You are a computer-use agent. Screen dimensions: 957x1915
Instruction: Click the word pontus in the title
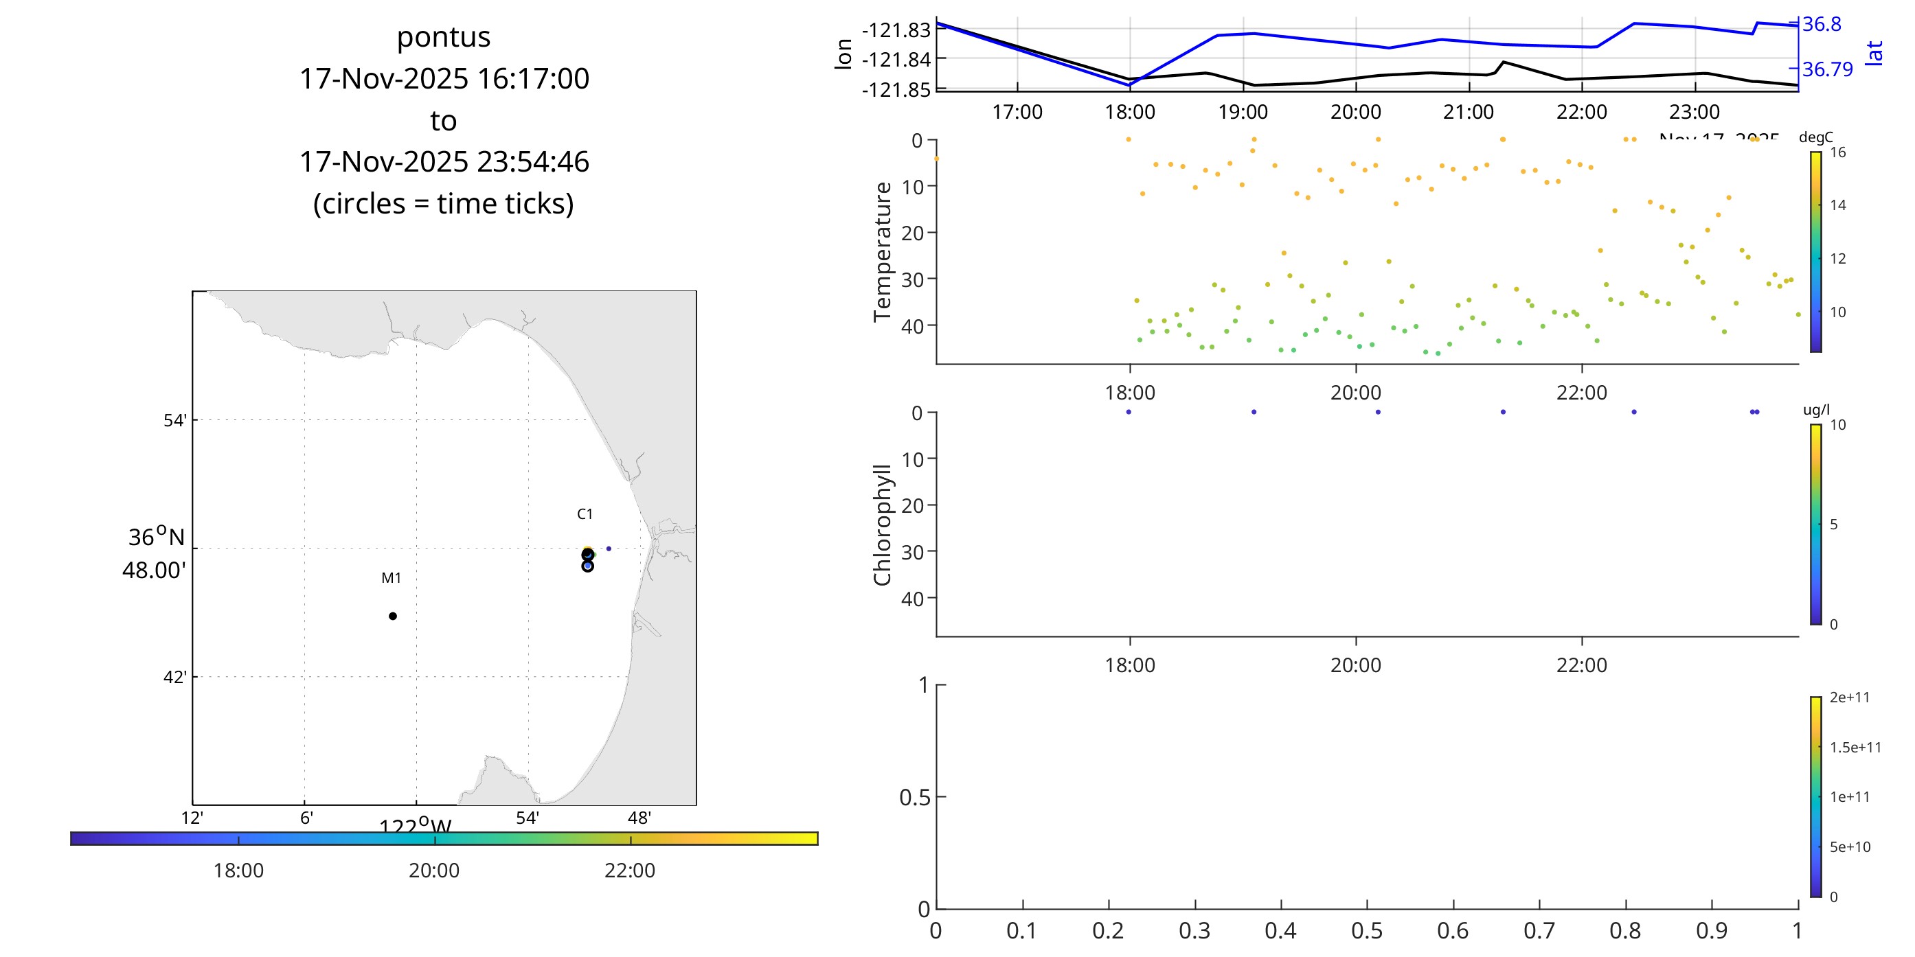(443, 37)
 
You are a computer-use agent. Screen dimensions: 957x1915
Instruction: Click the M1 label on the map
(391, 578)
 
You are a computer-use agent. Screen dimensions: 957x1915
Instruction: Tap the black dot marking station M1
(392, 616)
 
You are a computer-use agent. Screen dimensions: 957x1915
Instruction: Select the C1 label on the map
(585, 514)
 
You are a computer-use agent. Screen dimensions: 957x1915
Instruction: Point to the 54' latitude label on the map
(174, 421)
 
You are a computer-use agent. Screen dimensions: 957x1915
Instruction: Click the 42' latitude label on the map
(174, 678)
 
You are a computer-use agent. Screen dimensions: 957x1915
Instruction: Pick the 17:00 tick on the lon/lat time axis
(1017, 112)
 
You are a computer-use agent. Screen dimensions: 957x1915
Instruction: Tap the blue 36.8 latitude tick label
(1822, 25)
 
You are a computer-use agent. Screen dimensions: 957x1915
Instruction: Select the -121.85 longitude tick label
(896, 90)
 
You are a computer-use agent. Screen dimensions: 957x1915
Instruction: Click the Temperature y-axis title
(883, 252)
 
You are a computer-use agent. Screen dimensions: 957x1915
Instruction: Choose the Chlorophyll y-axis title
(883, 525)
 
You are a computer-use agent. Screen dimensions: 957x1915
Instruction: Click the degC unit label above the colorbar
(1815, 137)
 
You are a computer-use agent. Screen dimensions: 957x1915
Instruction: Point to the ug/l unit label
(1816, 410)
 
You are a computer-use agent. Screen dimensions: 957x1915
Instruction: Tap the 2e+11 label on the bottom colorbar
(1849, 697)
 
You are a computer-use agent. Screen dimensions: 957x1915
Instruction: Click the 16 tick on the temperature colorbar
(1837, 153)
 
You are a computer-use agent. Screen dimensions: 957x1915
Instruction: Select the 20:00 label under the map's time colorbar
(434, 870)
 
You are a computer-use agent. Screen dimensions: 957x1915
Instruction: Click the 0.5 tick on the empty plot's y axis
(914, 798)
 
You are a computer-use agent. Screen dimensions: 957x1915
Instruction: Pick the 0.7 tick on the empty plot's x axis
(1539, 931)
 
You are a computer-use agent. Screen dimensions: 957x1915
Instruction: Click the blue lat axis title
(1874, 54)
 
